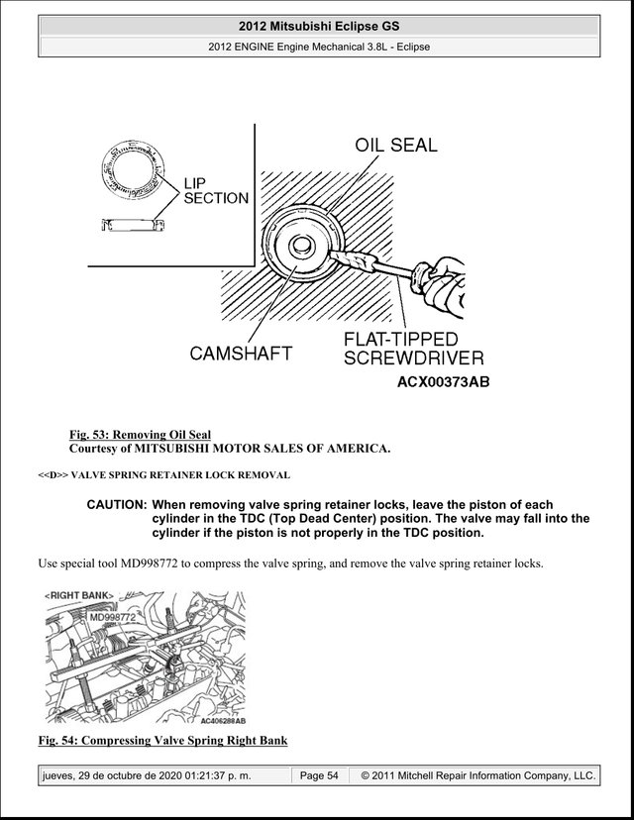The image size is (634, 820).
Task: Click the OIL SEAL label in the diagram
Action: click(396, 145)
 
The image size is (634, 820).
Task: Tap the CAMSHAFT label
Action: click(241, 354)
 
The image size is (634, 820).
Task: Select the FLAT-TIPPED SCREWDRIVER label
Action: click(413, 349)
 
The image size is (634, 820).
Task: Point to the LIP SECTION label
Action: click(216, 191)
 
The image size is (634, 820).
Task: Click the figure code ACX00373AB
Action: click(443, 382)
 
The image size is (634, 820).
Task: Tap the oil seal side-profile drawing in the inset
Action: click(133, 225)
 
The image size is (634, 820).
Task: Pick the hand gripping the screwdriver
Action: click(439, 286)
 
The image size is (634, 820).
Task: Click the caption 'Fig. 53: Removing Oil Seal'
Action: click(141, 435)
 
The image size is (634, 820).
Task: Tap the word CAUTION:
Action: click(116, 505)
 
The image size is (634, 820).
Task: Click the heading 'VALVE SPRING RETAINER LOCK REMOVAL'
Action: click(180, 475)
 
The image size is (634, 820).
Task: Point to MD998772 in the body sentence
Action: click(149, 564)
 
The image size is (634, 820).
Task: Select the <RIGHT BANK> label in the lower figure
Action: click(79, 595)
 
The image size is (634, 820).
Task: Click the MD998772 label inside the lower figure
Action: click(113, 617)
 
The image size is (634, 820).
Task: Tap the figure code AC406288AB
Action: click(223, 721)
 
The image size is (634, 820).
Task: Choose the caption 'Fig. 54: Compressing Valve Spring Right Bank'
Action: click(162, 741)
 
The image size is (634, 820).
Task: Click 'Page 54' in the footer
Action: click(319, 775)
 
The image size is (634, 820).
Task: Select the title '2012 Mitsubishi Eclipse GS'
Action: click(319, 26)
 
